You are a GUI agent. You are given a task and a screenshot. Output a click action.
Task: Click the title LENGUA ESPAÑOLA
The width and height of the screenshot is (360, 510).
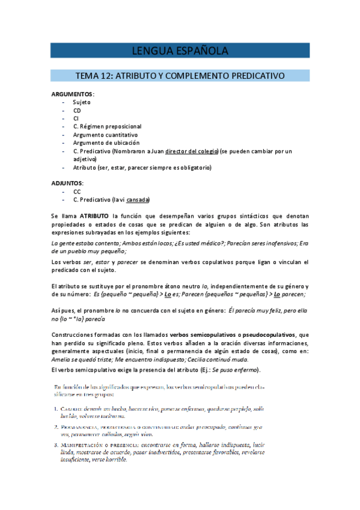coord(180,50)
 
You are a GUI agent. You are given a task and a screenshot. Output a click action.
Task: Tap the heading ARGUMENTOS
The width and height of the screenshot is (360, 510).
coord(72,94)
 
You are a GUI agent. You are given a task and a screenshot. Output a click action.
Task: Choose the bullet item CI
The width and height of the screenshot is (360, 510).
coord(76,118)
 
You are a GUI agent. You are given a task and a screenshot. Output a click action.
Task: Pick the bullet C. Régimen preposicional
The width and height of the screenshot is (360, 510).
coord(107,127)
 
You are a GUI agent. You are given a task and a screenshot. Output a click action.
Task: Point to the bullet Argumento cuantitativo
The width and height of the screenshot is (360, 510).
coord(105,135)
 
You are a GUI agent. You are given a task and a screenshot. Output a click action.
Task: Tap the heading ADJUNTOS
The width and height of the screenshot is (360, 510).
coord(67,182)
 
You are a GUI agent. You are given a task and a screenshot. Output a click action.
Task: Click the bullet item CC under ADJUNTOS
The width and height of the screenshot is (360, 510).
coord(77,191)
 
